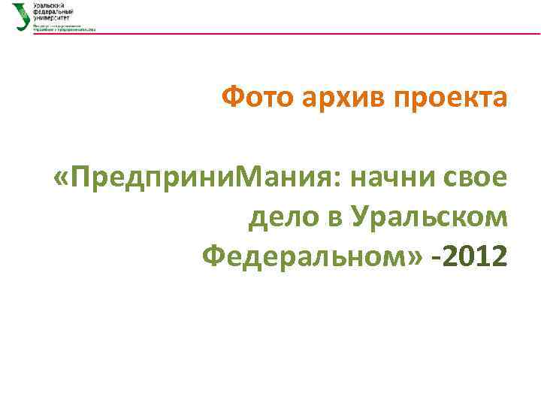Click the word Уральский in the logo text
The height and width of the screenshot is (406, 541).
pos(47,6)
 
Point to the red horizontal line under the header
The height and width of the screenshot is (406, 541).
pos(301,34)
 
